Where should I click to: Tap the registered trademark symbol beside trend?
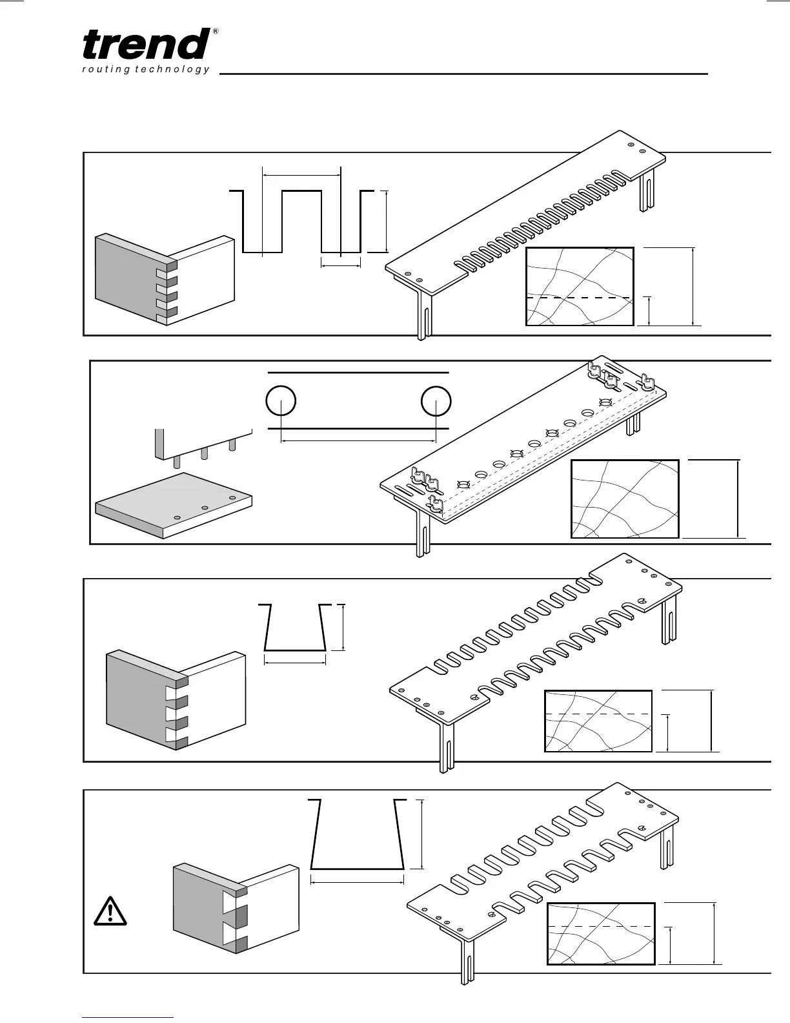click(215, 32)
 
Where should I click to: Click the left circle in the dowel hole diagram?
click(281, 401)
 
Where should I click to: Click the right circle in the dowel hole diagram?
click(436, 401)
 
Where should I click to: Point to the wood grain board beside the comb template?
click(580, 286)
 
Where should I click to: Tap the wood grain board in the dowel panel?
click(625, 499)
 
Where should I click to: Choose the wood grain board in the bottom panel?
click(601, 934)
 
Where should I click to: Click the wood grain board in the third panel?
click(598, 721)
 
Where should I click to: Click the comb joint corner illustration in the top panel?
click(165, 279)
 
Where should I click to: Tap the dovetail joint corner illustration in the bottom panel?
click(236, 910)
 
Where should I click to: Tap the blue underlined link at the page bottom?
click(128, 1017)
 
